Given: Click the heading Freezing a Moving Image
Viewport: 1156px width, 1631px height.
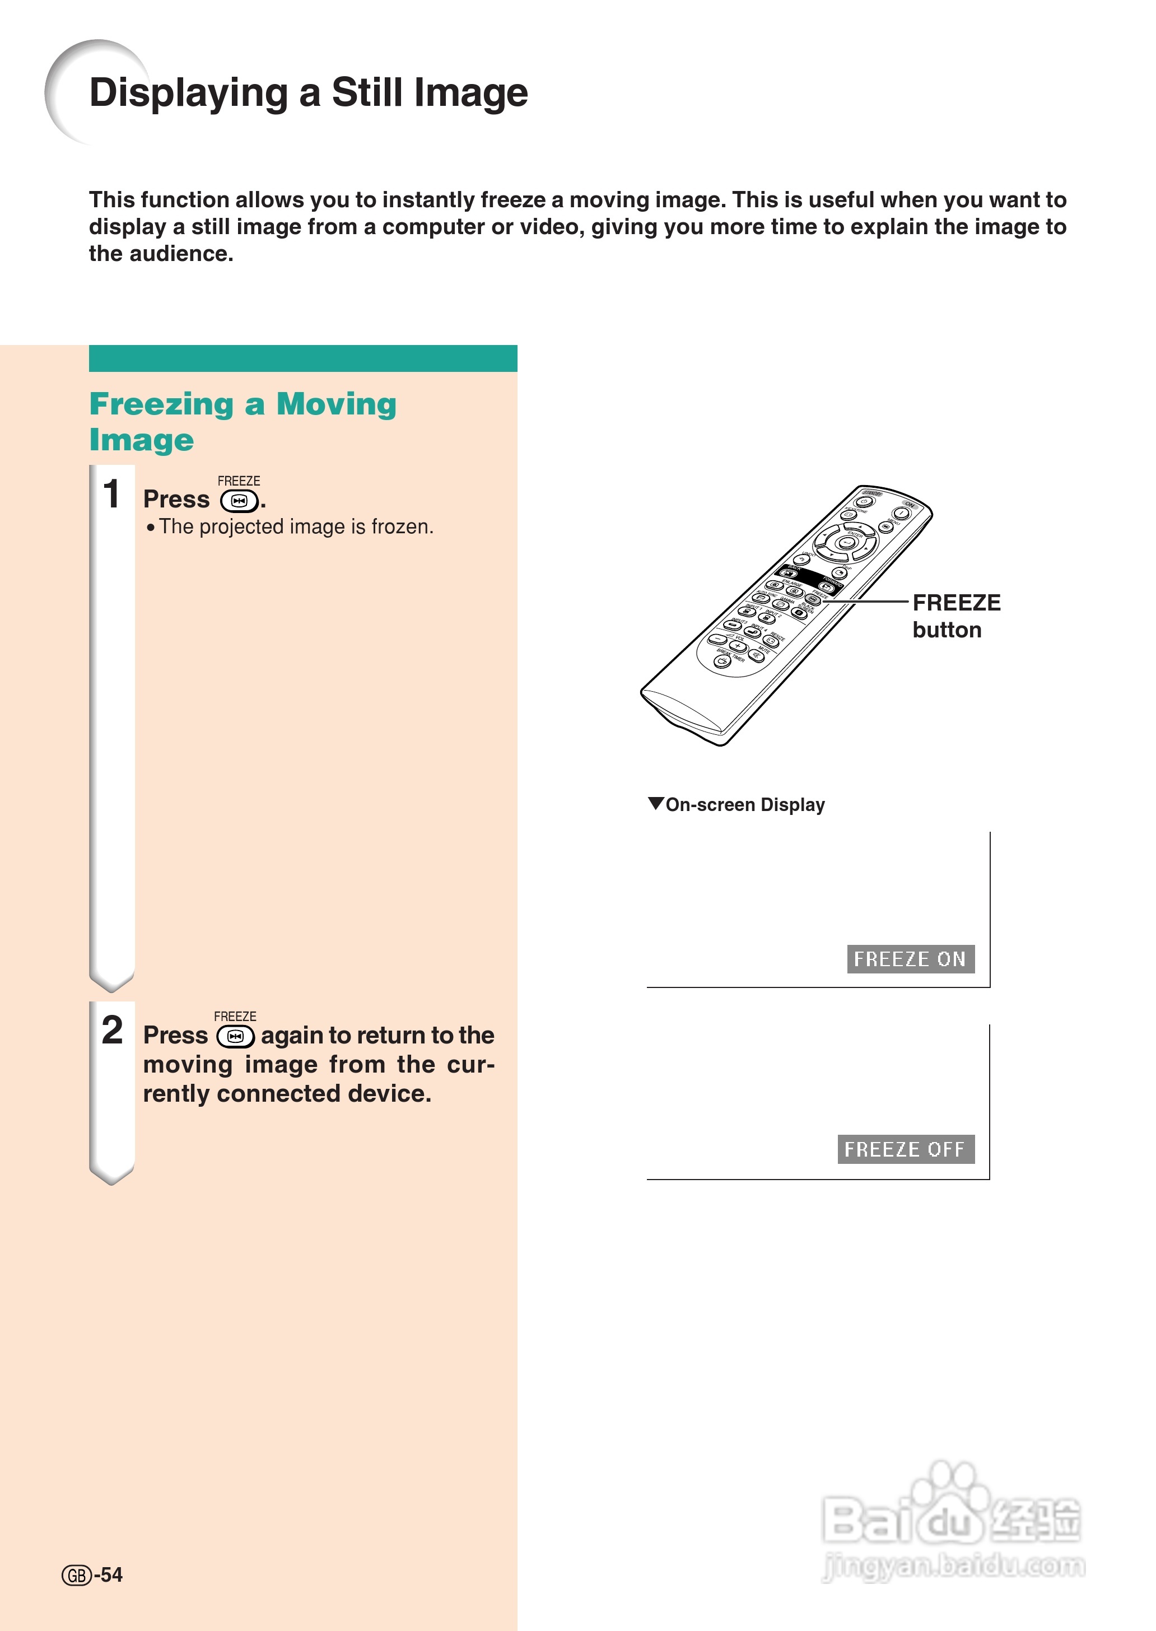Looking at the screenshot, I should (242, 421).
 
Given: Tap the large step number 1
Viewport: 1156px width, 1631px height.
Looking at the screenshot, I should (112, 494).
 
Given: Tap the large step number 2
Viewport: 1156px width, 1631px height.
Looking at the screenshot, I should (113, 1029).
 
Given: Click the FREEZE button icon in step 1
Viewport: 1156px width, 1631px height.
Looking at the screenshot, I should (239, 501).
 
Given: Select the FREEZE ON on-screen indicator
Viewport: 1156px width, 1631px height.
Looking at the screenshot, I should (910, 959).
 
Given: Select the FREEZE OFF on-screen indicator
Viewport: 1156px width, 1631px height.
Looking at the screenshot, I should (905, 1149).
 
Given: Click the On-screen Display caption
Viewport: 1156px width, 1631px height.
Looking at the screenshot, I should (744, 804).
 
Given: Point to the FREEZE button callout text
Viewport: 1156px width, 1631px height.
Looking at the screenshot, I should (956, 616).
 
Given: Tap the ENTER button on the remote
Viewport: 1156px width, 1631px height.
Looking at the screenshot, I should (846, 543).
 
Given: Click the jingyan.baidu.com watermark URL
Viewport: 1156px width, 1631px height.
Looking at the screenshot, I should (953, 1565).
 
